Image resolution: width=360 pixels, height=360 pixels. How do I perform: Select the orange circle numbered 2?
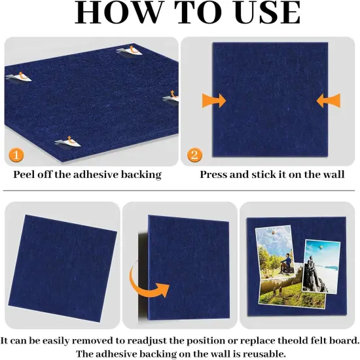(194, 156)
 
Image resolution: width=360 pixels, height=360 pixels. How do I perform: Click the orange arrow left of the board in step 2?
(213, 100)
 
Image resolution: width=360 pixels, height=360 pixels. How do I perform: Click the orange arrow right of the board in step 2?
(328, 100)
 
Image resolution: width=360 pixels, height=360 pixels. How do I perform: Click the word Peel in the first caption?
(26, 175)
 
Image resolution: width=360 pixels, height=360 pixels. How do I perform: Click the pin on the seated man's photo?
(273, 233)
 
